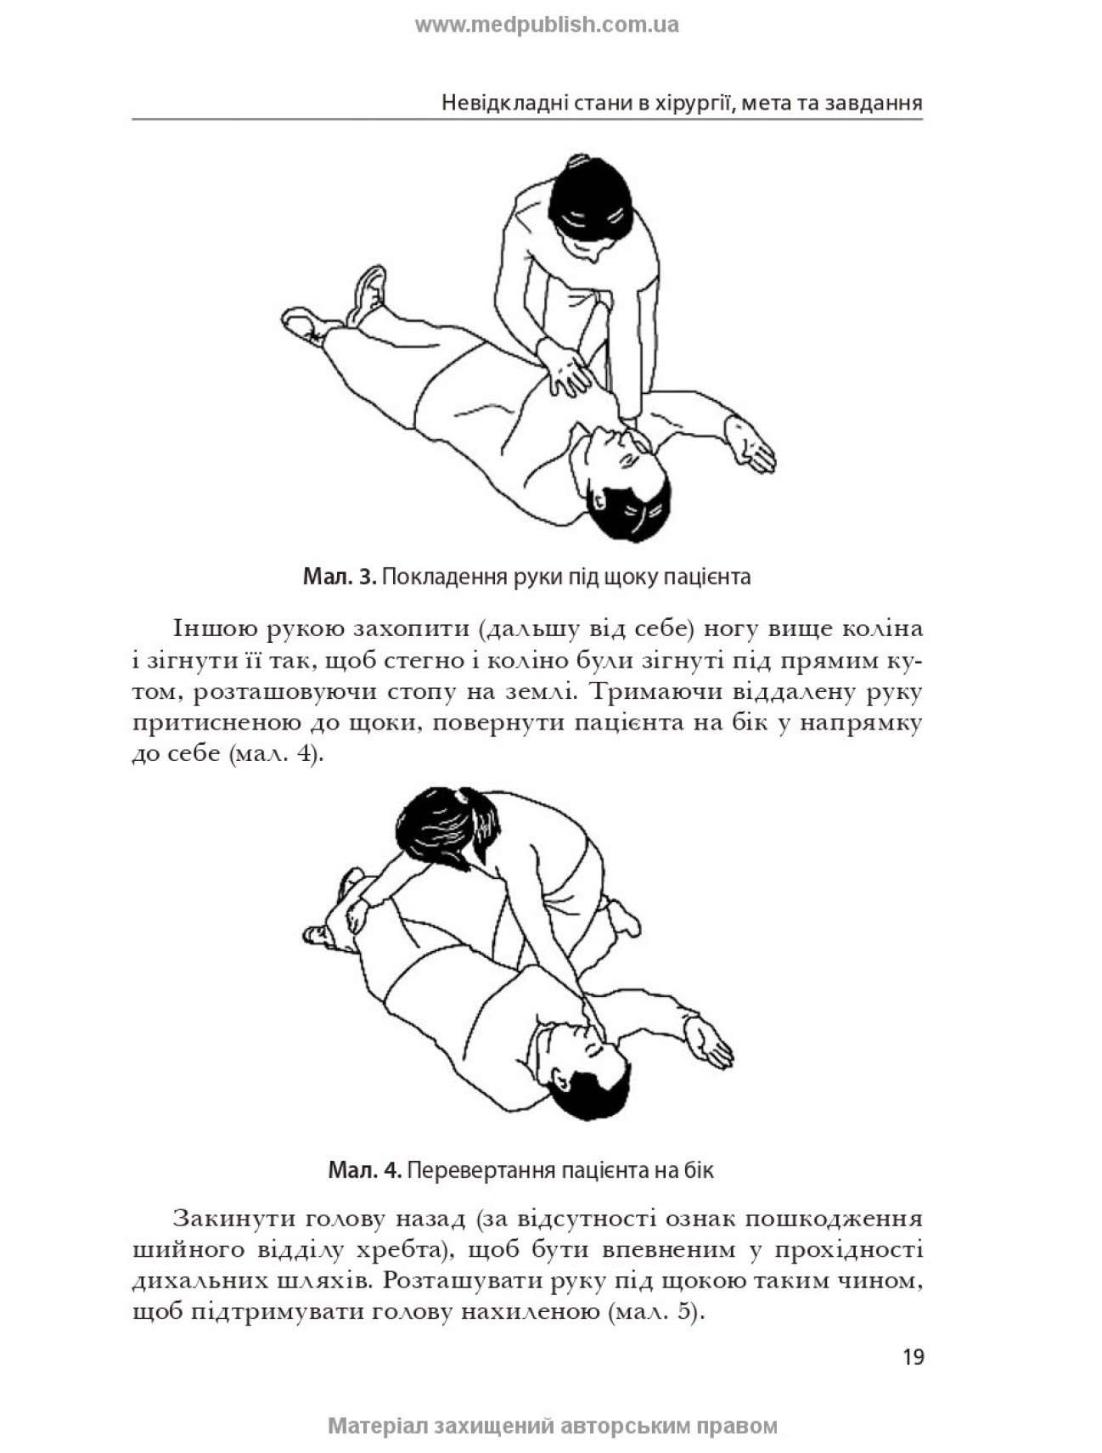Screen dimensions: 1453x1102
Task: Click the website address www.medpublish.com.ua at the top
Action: (x=547, y=25)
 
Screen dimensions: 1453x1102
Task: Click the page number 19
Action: (x=913, y=1356)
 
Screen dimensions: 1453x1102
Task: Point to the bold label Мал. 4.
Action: (x=364, y=1170)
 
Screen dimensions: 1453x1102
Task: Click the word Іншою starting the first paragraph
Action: (x=215, y=629)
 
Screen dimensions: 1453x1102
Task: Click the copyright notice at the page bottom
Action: (x=552, y=1426)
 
